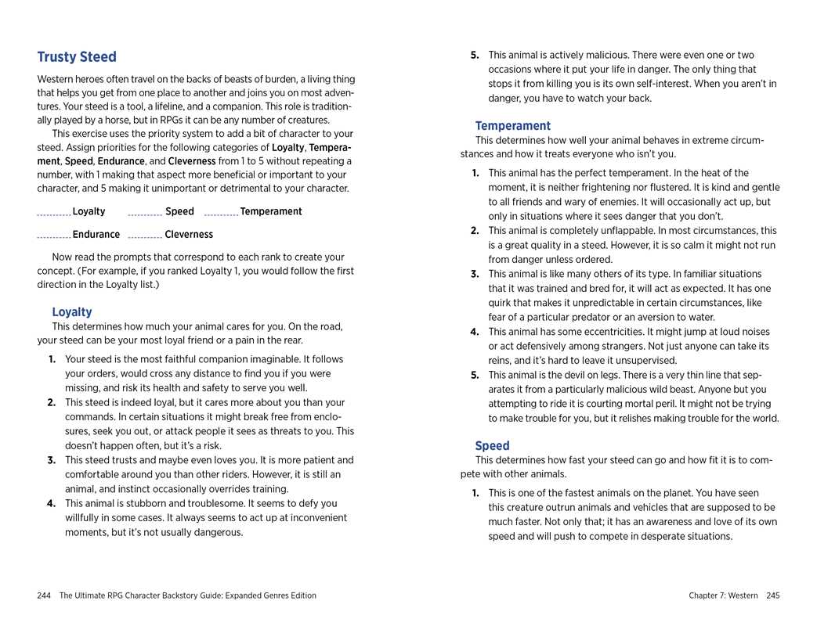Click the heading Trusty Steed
click(x=77, y=57)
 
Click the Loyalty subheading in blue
click(x=72, y=312)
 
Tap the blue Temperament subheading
click(x=513, y=126)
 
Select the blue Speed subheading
click(x=492, y=446)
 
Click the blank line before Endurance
click(x=54, y=236)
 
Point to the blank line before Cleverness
click(x=145, y=236)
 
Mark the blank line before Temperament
click(x=221, y=214)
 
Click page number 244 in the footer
click(x=44, y=596)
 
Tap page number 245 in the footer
click(x=773, y=596)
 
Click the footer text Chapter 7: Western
click(x=723, y=596)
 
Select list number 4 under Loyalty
click(x=52, y=504)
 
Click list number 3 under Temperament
click(x=475, y=274)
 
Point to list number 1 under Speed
click(x=475, y=494)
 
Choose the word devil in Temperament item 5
click(x=568, y=375)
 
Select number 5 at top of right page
click(x=474, y=56)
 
